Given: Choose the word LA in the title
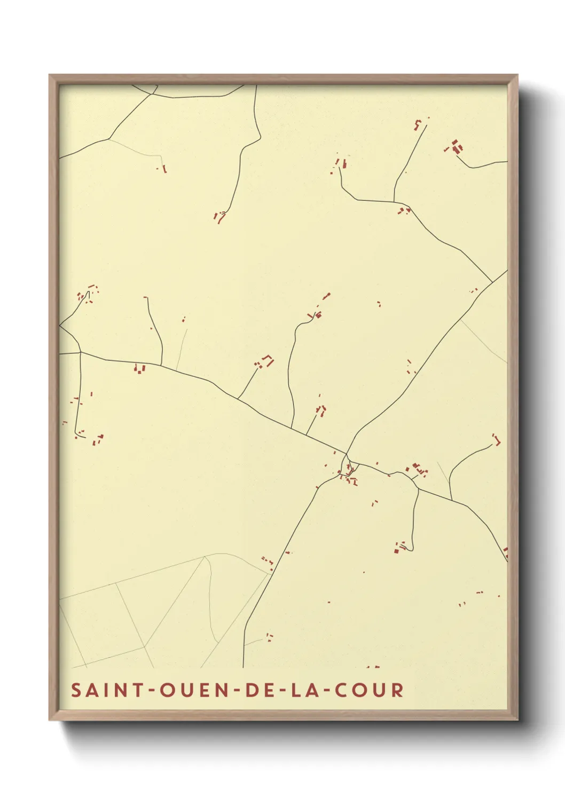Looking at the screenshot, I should coord(303,690).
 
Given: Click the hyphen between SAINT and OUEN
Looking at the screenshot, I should coord(151,690).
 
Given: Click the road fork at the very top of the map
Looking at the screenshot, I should coord(153,94).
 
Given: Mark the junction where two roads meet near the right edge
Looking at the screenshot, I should coord(492,282).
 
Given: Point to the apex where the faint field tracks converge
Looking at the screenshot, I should coord(205,557).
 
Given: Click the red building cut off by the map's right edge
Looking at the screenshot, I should coord(505,552).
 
